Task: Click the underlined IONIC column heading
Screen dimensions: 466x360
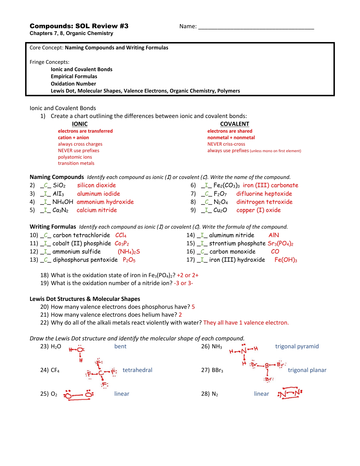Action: [x=80, y=124]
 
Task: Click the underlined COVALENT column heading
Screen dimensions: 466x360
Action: [x=235, y=124]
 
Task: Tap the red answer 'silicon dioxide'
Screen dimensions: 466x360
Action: [x=97, y=185]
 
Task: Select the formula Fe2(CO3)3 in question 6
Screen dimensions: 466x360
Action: [x=226, y=185]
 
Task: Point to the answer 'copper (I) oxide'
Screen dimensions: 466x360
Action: [x=258, y=210]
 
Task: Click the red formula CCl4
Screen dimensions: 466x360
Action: [x=121, y=235]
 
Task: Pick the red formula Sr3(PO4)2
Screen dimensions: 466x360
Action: [x=280, y=244]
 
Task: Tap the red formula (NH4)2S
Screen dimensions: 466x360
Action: [x=129, y=252]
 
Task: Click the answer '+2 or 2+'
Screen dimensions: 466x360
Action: [x=187, y=275]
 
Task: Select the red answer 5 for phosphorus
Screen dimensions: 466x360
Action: [x=193, y=307]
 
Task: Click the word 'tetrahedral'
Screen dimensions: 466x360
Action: [x=137, y=370]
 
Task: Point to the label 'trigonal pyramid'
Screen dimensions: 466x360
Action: [x=297, y=346]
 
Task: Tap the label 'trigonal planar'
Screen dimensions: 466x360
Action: [x=307, y=370]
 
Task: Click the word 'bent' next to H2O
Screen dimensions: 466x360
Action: [x=120, y=346]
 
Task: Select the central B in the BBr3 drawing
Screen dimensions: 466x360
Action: [x=267, y=366]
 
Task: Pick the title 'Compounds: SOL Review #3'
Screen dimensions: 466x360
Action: [x=79, y=26]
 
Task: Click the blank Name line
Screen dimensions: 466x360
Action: [x=256, y=28]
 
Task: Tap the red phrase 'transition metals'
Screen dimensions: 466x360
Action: [x=76, y=163]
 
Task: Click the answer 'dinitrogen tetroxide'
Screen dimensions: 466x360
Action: [x=264, y=202]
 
